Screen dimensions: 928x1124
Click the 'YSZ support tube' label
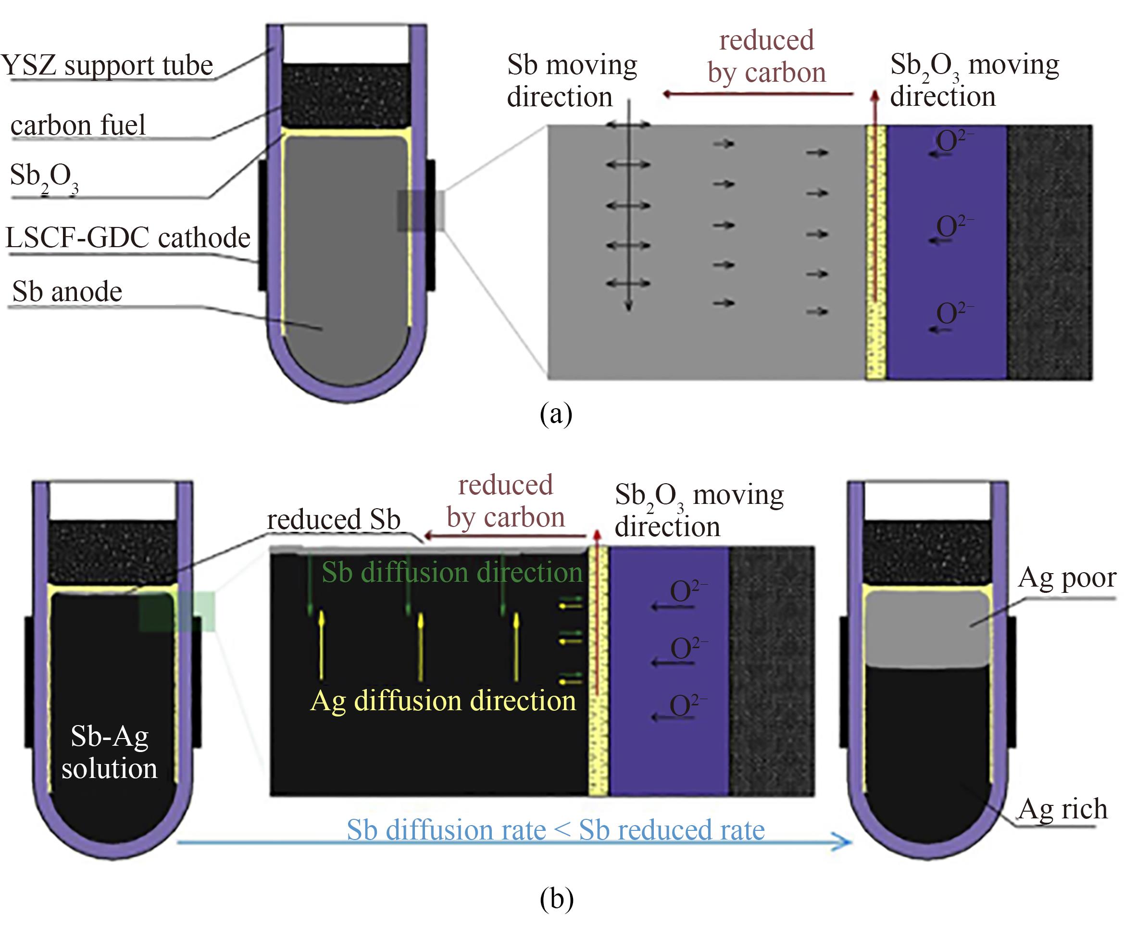coord(107,65)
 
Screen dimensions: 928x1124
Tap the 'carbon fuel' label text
coord(78,125)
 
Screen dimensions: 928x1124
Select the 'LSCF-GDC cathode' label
coord(128,238)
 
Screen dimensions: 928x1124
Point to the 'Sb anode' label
coord(67,292)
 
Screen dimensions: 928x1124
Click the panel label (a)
coord(556,414)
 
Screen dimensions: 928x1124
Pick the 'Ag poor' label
coord(1067,577)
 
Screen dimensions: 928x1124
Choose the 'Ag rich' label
coord(1062,809)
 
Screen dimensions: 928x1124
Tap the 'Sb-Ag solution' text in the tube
coord(110,752)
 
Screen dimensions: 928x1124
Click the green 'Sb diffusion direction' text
coord(451,573)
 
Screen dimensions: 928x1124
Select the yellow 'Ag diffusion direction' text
coord(443,701)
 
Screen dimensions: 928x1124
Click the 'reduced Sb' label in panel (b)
coord(334,520)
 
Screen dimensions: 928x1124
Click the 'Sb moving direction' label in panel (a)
coord(571,81)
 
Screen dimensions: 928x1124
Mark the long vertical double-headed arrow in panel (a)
coord(629,214)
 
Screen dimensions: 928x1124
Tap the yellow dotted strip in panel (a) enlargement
coord(876,251)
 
